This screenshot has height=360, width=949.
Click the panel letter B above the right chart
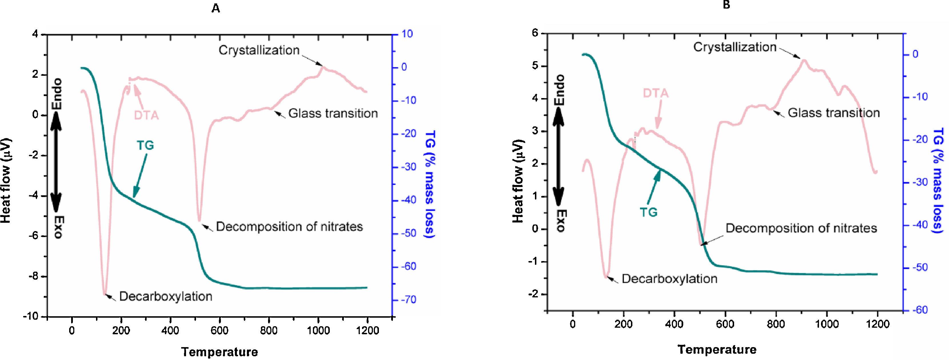tap(726, 5)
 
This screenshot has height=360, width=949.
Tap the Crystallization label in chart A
tap(259, 50)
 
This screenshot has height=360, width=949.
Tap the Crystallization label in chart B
tap(735, 47)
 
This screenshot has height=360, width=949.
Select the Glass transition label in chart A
tap(333, 114)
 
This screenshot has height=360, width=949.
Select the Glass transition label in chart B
tap(834, 112)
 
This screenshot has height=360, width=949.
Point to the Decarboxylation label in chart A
tap(166, 296)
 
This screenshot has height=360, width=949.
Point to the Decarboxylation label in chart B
tap(669, 279)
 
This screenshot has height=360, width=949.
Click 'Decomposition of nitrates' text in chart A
tap(289, 227)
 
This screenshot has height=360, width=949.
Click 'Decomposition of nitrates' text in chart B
tap(801, 228)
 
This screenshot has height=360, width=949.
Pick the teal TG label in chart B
tap(648, 212)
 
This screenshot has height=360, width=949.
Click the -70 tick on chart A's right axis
tap(407, 300)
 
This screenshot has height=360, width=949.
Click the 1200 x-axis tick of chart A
tap(367, 331)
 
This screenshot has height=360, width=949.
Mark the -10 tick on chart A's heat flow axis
tap(34, 317)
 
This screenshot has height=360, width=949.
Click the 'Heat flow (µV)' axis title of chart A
tap(6, 180)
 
